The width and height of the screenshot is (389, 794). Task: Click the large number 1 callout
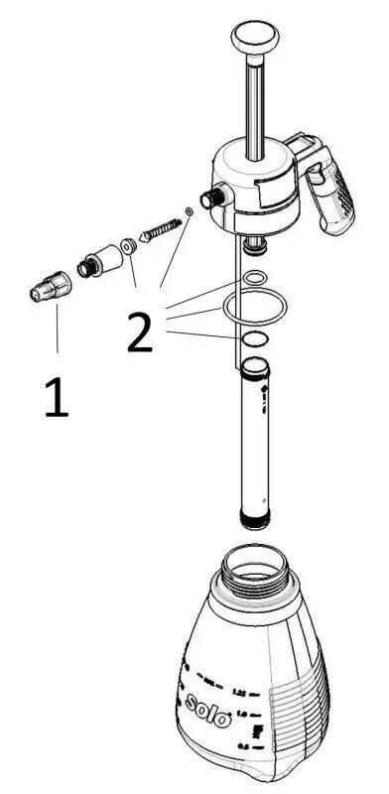[x=56, y=397]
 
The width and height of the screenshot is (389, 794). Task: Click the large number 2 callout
[x=139, y=334]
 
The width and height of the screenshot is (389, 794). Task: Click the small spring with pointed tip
[x=160, y=230]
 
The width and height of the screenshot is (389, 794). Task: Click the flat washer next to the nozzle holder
[x=128, y=245]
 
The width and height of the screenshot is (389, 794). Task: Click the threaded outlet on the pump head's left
[x=210, y=198]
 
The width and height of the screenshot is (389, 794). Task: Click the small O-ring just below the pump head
[x=254, y=277]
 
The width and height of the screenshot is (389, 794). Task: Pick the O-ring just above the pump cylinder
[x=254, y=339]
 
